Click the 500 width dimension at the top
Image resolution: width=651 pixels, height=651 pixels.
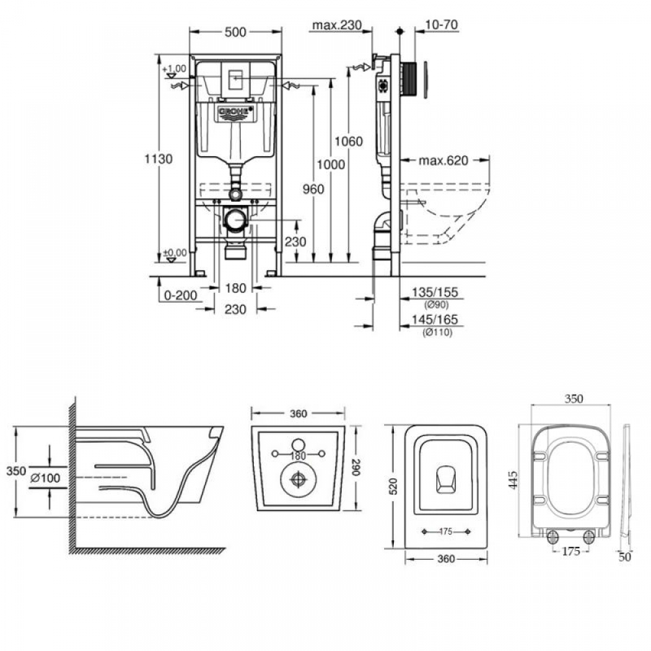tap(236, 32)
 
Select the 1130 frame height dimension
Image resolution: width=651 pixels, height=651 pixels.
tap(158, 159)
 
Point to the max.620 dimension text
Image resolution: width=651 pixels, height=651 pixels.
tap(443, 160)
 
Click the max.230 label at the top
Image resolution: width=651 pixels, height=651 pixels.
tap(337, 25)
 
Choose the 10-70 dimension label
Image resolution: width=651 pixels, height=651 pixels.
tap(441, 25)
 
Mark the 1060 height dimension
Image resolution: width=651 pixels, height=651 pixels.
tap(349, 141)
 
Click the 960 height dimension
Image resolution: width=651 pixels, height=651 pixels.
tap(313, 189)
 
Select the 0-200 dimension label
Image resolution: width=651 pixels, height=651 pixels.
tap(180, 295)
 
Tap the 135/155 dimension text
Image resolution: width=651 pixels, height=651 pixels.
tap(435, 292)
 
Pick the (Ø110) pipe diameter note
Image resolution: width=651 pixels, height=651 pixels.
tap(437, 332)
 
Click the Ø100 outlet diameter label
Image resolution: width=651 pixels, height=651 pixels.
tap(46, 478)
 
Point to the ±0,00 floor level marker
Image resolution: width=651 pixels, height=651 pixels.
tap(174, 253)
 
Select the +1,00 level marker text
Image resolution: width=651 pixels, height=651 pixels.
tap(174, 68)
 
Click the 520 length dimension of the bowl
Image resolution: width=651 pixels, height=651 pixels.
tap(393, 486)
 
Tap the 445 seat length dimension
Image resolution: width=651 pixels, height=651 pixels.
tap(513, 480)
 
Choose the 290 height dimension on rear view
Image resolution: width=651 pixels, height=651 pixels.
tap(356, 467)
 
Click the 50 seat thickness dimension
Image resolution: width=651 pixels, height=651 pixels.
tap(625, 557)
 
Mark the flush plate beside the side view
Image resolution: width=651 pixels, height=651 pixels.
tap(426, 80)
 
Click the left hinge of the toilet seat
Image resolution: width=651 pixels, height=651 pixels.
tap(553, 537)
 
